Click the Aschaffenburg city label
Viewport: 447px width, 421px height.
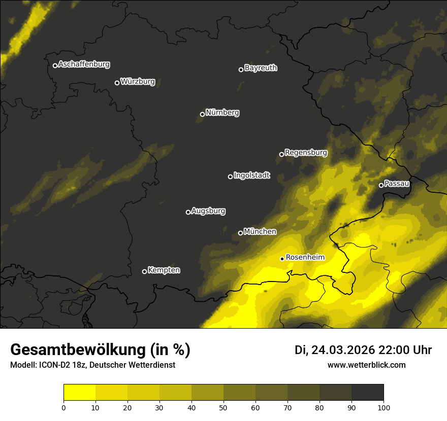click(x=84, y=64)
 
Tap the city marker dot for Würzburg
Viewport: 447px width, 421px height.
click(x=117, y=83)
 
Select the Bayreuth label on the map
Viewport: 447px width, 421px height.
click(x=261, y=68)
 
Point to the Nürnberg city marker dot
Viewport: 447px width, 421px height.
click(x=202, y=114)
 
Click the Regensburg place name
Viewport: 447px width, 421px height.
click(x=306, y=153)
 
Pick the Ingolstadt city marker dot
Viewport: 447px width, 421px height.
click(x=230, y=177)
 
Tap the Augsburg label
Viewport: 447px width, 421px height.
click(x=208, y=211)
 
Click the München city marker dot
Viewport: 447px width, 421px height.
click(x=240, y=233)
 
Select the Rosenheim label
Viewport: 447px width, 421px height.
click(x=305, y=258)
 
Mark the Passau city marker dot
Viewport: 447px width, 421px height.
click(x=381, y=185)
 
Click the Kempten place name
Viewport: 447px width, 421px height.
click(x=164, y=270)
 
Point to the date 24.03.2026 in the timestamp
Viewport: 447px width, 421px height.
click(x=343, y=350)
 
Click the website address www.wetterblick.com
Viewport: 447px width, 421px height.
click(x=366, y=365)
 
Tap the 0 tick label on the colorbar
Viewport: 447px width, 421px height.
click(x=63, y=407)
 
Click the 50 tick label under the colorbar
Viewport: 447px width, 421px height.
click(x=223, y=407)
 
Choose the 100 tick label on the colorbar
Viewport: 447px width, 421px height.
click(x=384, y=407)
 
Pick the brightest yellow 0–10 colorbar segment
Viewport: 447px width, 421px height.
click(x=79, y=392)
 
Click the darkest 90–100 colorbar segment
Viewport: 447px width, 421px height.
click(x=367, y=392)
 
